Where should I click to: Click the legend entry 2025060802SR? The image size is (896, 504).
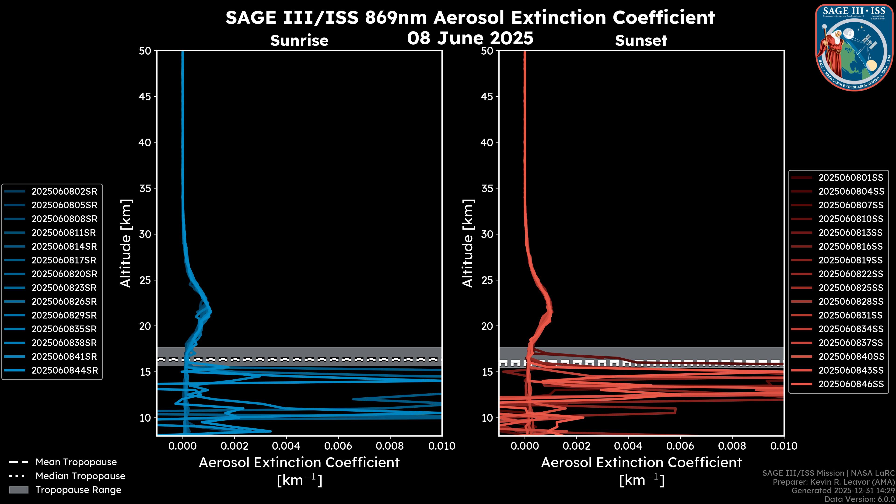pyautogui.click(x=64, y=192)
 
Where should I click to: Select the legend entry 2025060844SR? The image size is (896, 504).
pyautogui.click(x=64, y=371)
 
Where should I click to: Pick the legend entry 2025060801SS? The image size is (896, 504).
pyautogui.click(x=850, y=178)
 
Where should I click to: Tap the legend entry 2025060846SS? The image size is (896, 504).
pyautogui.click(x=851, y=384)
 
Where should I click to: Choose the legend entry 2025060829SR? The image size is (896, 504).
pyautogui.click(x=64, y=315)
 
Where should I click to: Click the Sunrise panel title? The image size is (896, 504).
pyautogui.click(x=299, y=40)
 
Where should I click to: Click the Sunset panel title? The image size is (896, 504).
pyautogui.click(x=641, y=40)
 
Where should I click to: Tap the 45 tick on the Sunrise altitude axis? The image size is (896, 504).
pyautogui.click(x=145, y=96)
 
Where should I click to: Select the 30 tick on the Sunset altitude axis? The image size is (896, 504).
pyautogui.click(x=487, y=234)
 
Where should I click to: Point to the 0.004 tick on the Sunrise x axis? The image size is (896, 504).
pyautogui.click(x=286, y=446)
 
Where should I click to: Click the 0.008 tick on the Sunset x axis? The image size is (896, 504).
pyautogui.click(x=732, y=446)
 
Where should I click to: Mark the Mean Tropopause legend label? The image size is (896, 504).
pyautogui.click(x=76, y=462)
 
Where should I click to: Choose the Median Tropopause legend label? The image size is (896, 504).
pyautogui.click(x=80, y=476)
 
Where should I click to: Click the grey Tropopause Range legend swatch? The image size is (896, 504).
pyautogui.click(x=18, y=490)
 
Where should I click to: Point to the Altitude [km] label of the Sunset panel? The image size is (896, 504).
pyautogui.click(x=468, y=243)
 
